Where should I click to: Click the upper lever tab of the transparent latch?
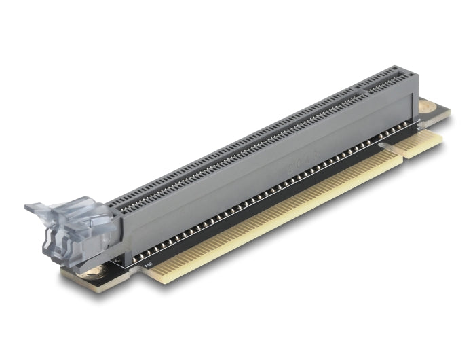[47, 208]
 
